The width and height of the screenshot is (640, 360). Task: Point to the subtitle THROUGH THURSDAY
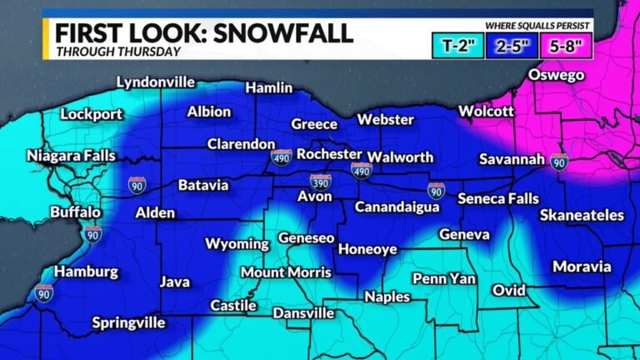coord(119,52)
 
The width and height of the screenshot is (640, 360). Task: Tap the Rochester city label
coord(329,154)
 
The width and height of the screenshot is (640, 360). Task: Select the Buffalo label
coord(76,212)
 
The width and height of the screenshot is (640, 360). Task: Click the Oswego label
coord(556,76)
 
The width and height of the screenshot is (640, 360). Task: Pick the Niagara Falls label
coord(71,155)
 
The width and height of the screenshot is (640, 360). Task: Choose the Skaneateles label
coord(581,215)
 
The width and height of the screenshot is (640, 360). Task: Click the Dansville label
coord(303,313)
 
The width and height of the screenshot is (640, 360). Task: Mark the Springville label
coord(132,322)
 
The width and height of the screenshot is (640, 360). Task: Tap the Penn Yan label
coord(443,277)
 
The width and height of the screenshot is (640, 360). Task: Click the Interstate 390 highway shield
coord(321,182)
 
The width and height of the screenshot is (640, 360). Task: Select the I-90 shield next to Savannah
coord(558,161)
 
